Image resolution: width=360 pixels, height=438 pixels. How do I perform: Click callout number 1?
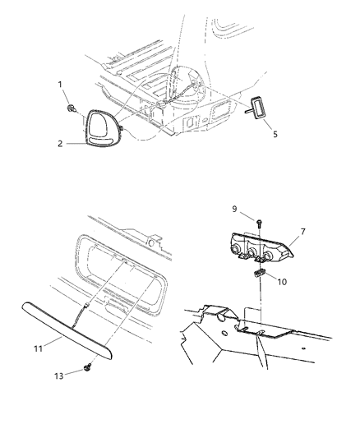(x=60, y=85)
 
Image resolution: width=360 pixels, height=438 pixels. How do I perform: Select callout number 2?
(x=60, y=144)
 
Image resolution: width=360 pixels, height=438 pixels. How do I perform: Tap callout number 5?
(x=275, y=135)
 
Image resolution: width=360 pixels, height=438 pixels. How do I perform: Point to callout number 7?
(x=302, y=232)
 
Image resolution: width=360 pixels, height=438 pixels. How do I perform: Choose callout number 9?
(x=234, y=209)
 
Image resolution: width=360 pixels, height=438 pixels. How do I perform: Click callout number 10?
(x=282, y=282)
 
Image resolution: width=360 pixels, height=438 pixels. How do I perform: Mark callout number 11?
(x=39, y=348)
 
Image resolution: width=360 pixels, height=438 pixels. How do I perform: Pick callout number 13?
(x=59, y=376)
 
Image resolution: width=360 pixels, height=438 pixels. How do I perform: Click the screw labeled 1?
(x=72, y=108)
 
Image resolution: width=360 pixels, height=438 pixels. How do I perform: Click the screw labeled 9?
(x=259, y=223)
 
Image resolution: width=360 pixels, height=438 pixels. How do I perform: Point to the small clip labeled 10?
(x=259, y=272)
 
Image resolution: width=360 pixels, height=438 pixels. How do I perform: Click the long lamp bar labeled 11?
(x=67, y=330)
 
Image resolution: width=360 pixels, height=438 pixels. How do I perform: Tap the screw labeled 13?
(x=88, y=367)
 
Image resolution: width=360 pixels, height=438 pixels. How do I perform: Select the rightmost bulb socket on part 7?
(x=268, y=255)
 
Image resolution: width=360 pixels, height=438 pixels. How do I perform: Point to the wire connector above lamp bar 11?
(x=85, y=305)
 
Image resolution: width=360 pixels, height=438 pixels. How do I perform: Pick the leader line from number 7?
(x=294, y=239)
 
